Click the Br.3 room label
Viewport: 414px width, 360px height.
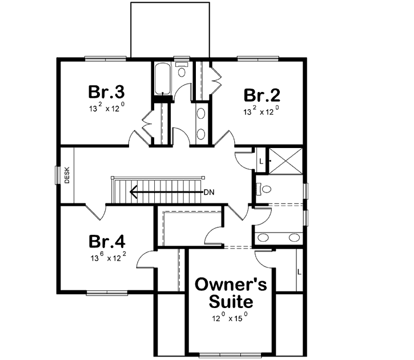coord(106,91)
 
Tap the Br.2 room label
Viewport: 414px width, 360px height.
coord(262,95)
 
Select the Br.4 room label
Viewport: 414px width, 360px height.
coord(106,240)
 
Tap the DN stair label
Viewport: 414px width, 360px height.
coord(209,192)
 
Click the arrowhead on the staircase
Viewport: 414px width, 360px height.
coord(133,192)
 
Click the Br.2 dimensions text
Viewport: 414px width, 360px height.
coord(262,111)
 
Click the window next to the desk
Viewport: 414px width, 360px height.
coord(57,175)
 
